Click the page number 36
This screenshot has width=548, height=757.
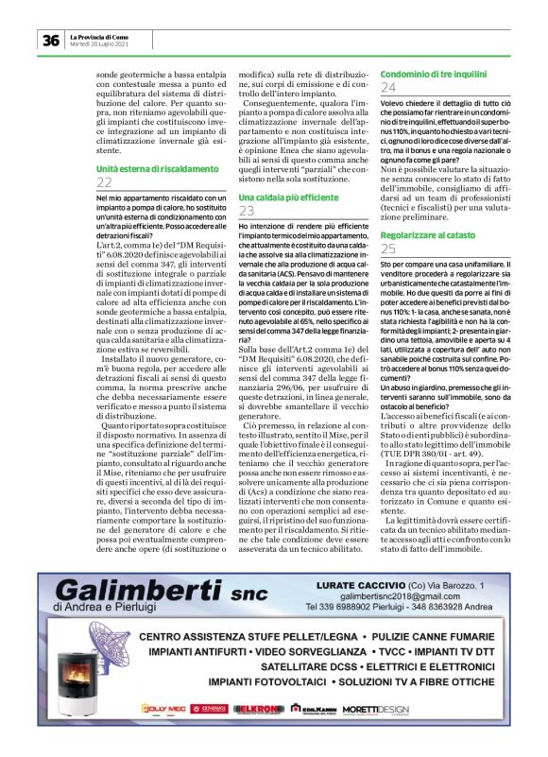point(49,40)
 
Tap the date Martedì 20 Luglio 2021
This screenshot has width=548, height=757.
point(100,43)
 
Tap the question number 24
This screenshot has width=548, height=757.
point(388,88)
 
